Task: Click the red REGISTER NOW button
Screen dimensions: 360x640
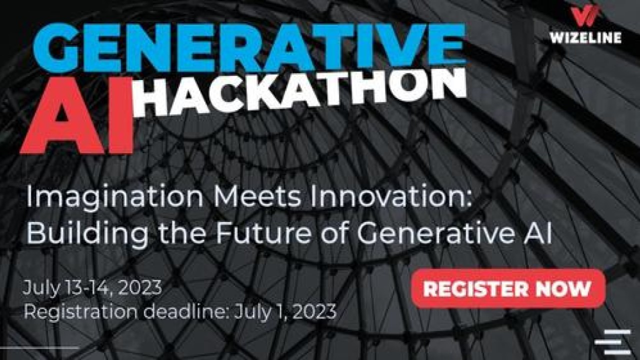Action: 508,288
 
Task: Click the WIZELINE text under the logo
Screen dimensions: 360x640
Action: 585,37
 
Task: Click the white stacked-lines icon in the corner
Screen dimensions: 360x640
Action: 613,342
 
